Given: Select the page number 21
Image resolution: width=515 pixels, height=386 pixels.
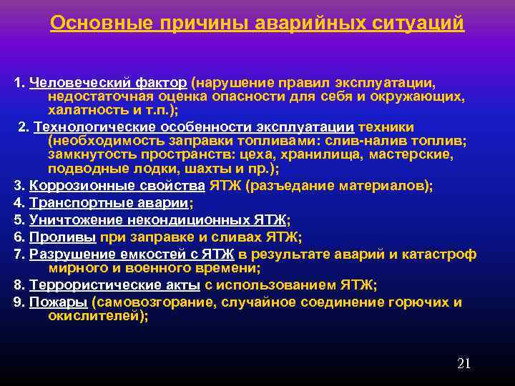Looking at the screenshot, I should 463,363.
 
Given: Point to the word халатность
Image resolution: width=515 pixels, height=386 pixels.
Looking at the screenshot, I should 84,111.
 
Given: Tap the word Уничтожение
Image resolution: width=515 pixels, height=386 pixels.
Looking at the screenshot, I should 72,219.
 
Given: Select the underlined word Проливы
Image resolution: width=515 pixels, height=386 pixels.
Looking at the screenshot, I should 54,237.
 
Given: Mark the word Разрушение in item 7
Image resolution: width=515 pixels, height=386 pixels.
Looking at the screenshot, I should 69,254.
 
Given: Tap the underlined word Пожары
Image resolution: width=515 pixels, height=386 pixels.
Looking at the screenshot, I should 52,302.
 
